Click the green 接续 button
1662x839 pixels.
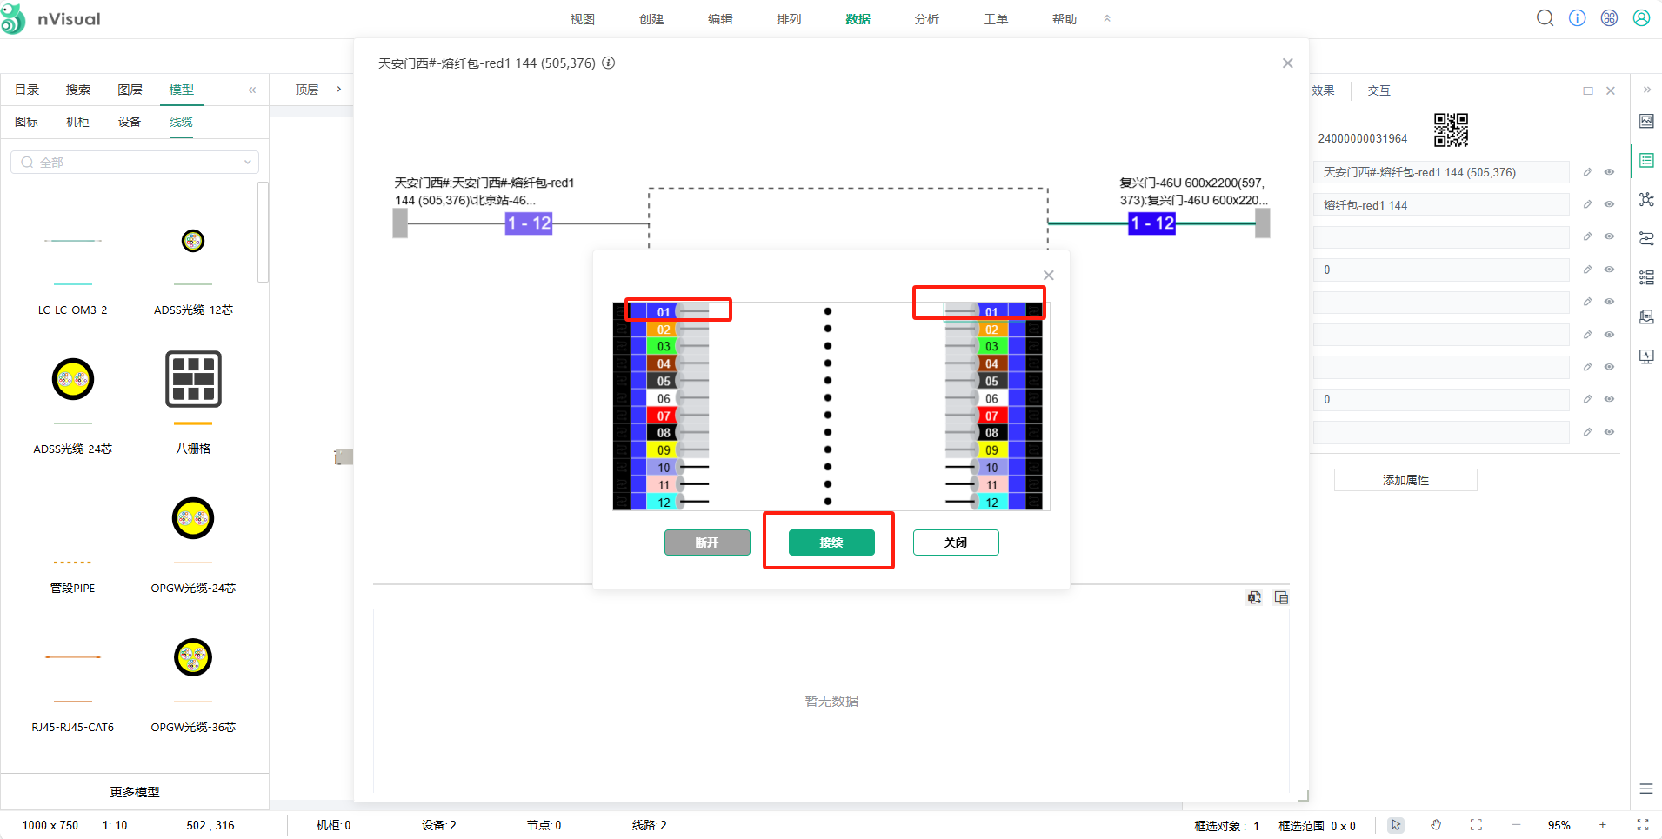click(831, 543)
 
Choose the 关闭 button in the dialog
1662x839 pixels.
click(955, 543)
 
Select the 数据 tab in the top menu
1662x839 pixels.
click(858, 19)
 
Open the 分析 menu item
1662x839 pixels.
click(926, 19)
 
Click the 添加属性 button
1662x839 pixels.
click(1405, 480)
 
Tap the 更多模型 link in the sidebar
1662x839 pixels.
click(135, 792)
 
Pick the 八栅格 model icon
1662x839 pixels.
click(193, 380)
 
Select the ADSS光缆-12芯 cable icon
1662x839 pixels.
click(193, 241)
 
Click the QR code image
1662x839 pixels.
click(1451, 130)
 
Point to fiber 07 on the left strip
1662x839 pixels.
click(664, 416)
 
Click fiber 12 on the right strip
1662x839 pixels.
click(991, 503)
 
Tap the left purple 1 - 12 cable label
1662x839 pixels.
click(529, 223)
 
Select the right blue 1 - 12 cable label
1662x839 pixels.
click(1151, 223)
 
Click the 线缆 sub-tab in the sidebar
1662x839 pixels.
click(181, 122)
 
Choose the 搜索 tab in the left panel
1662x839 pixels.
click(78, 90)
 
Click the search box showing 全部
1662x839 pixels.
click(135, 163)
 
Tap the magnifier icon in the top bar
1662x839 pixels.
click(1545, 18)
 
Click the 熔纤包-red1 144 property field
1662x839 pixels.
click(1440, 205)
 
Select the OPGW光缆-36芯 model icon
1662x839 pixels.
click(193, 658)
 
